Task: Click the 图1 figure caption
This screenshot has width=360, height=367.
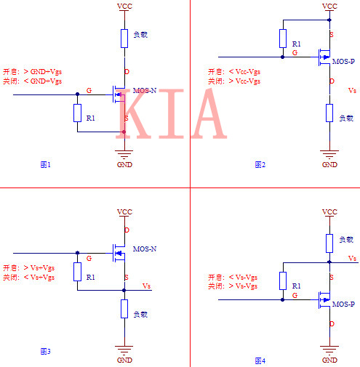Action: (45, 164)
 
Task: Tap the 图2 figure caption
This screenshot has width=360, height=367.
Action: (260, 164)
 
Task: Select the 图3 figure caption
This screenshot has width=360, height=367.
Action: (45, 352)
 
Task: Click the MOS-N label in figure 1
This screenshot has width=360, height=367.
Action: (145, 91)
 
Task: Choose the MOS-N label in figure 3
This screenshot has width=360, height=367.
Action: (145, 249)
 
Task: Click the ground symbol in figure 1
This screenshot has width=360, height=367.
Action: (124, 154)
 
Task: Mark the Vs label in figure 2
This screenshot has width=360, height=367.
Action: (353, 90)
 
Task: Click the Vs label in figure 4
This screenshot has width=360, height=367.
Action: (353, 258)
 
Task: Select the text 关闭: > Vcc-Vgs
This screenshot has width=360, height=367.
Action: (233, 81)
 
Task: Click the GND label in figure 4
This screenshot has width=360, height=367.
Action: (329, 360)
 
